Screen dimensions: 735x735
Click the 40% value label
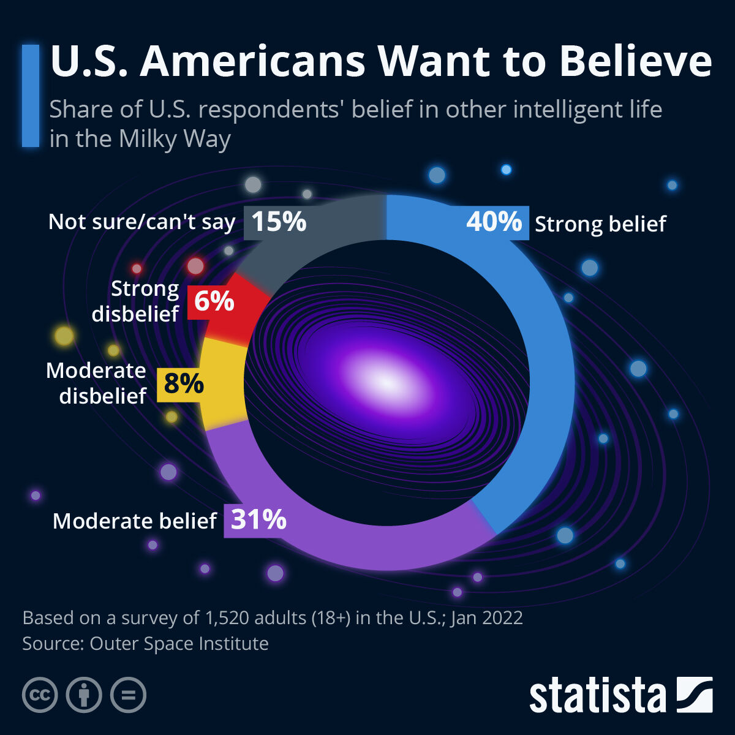(x=494, y=221)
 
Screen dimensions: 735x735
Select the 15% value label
(x=279, y=221)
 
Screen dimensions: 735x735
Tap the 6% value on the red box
(x=214, y=301)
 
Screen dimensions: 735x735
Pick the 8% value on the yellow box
(x=183, y=384)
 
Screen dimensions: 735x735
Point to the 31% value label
(x=258, y=520)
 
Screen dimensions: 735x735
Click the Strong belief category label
(x=600, y=224)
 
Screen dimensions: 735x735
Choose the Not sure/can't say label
(x=141, y=222)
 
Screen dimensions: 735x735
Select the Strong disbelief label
(x=135, y=301)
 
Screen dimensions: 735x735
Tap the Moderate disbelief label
(x=96, y=383)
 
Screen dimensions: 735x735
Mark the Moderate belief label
(x=134, y=521)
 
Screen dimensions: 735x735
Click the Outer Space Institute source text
(x=179, y=644)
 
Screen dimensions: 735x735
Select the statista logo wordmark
(x=597, y=696)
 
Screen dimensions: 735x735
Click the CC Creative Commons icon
(x=40, y=695)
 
